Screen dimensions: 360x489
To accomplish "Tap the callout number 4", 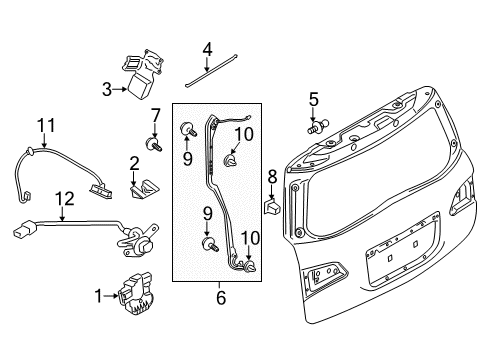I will (208, 48).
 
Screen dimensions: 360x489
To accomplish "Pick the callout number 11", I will (44, 125).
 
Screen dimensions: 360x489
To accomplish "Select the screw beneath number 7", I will (156, 145).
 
